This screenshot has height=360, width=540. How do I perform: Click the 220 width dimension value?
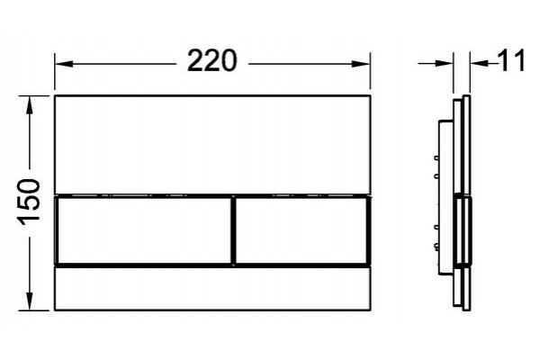[x=212, y=60]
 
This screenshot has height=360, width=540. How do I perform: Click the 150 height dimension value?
[x=30, y=202]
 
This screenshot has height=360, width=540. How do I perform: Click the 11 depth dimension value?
[x=511, y=60]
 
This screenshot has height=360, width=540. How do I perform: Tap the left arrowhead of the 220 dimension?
[x=64, y=64]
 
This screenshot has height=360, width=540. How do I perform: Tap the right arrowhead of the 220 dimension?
[x=361, y=64]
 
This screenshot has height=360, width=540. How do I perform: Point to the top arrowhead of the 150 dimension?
[x=30, y=104]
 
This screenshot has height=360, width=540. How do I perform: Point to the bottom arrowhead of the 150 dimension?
[x=30, y=301]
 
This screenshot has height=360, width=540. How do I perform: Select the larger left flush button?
[x=144, y=230]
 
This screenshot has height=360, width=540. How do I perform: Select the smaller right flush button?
[x=302, y=230]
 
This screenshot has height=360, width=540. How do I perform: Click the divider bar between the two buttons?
[x=234, y=230]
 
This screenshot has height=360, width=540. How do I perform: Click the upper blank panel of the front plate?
[x=212, y=144]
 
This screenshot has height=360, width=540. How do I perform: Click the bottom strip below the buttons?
[x=212, y=288]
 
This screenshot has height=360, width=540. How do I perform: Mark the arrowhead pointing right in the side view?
[x=444, y=63]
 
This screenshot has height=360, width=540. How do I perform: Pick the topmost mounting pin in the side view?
[x=436, y=157]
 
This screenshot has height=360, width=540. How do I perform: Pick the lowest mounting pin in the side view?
[x=436, y=246]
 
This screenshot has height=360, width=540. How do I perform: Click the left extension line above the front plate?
[x=55, y=71]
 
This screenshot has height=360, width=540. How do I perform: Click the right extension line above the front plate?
[x=370, y=71]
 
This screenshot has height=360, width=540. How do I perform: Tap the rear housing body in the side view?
[x=445, y=197]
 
